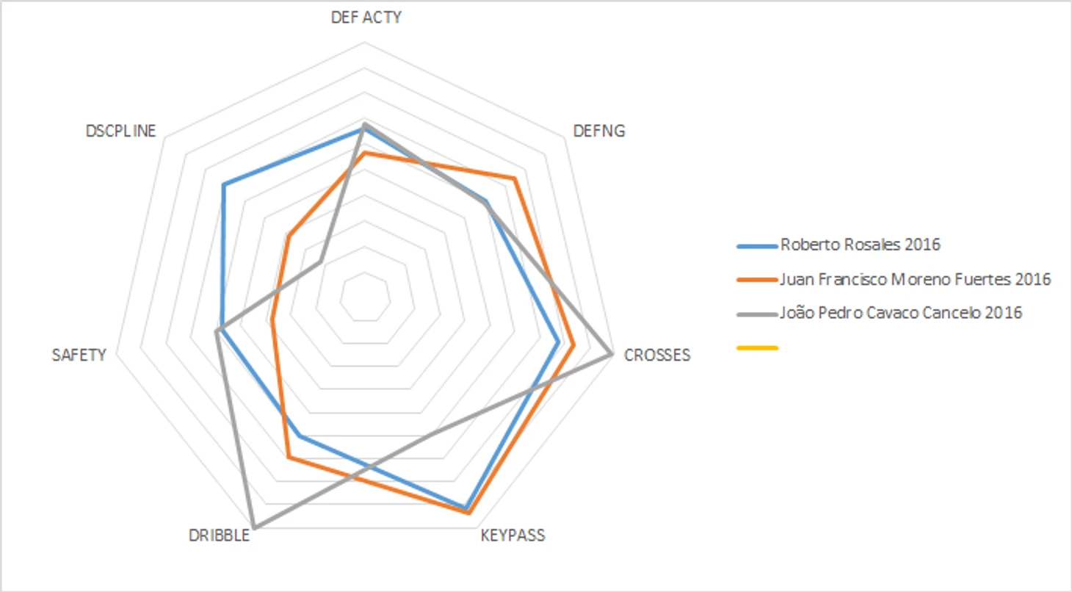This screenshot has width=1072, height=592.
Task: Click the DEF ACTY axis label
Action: [x=366, y=18]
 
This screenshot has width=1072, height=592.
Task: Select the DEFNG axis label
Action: [x=599, y=131]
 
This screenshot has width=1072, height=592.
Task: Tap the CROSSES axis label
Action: [x=656, y=355]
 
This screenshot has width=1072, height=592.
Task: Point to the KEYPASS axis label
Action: [x=513, y=535]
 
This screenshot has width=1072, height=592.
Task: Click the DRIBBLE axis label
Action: [x=219, y=535]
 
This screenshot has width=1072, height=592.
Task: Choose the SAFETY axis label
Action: [x=79, y=355]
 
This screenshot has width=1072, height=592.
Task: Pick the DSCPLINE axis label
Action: [x=121, y=131]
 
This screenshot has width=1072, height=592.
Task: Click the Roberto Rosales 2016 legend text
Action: [x=860, y=245]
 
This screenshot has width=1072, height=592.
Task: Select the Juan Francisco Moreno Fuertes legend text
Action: [x=916, y=279]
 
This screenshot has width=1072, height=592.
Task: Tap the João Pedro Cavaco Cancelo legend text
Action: [x=901, y=313]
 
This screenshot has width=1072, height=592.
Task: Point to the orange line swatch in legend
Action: [x=757, y=280]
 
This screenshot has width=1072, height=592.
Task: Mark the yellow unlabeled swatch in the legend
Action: [x=757, y=347]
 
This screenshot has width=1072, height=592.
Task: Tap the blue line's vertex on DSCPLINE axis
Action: [x=224, y=184]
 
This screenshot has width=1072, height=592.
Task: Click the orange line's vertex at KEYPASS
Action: [x=468, y=513]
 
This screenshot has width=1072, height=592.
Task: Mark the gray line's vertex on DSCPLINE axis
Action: [x=320, y=261]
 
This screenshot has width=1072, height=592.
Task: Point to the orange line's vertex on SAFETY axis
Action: [x=272, y=320]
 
